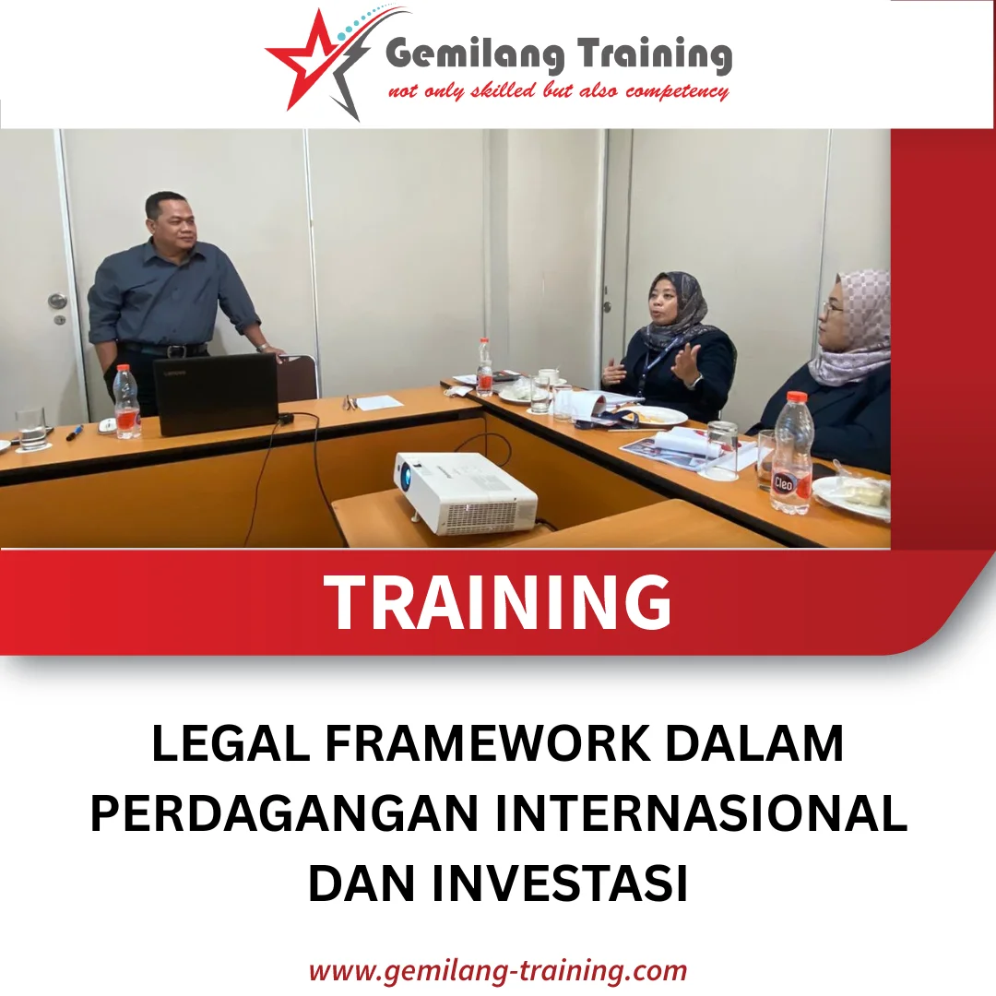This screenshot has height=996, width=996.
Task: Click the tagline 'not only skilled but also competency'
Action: tap(559, 91)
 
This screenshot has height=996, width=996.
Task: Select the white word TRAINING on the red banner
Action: tap(498, 602)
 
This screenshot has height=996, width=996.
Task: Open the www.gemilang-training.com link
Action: tap(498, 970)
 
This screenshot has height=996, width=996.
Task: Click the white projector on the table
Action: tap(466, 492)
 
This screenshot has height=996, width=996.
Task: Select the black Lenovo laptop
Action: tap(217, 394)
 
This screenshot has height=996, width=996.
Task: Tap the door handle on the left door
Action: tap(57, 302)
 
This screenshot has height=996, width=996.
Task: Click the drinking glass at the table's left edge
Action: tap(30, 428)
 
